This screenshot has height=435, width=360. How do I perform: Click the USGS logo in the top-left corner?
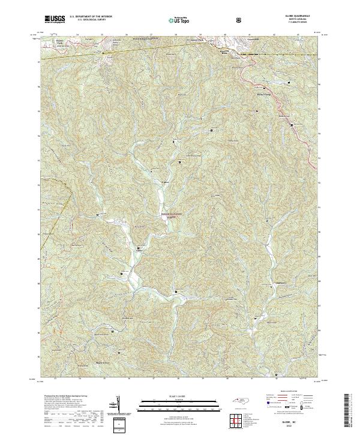pos(55,19)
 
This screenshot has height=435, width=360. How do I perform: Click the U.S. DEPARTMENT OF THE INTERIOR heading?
pos(91,17)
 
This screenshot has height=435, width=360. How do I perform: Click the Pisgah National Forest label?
pos(171,215)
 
